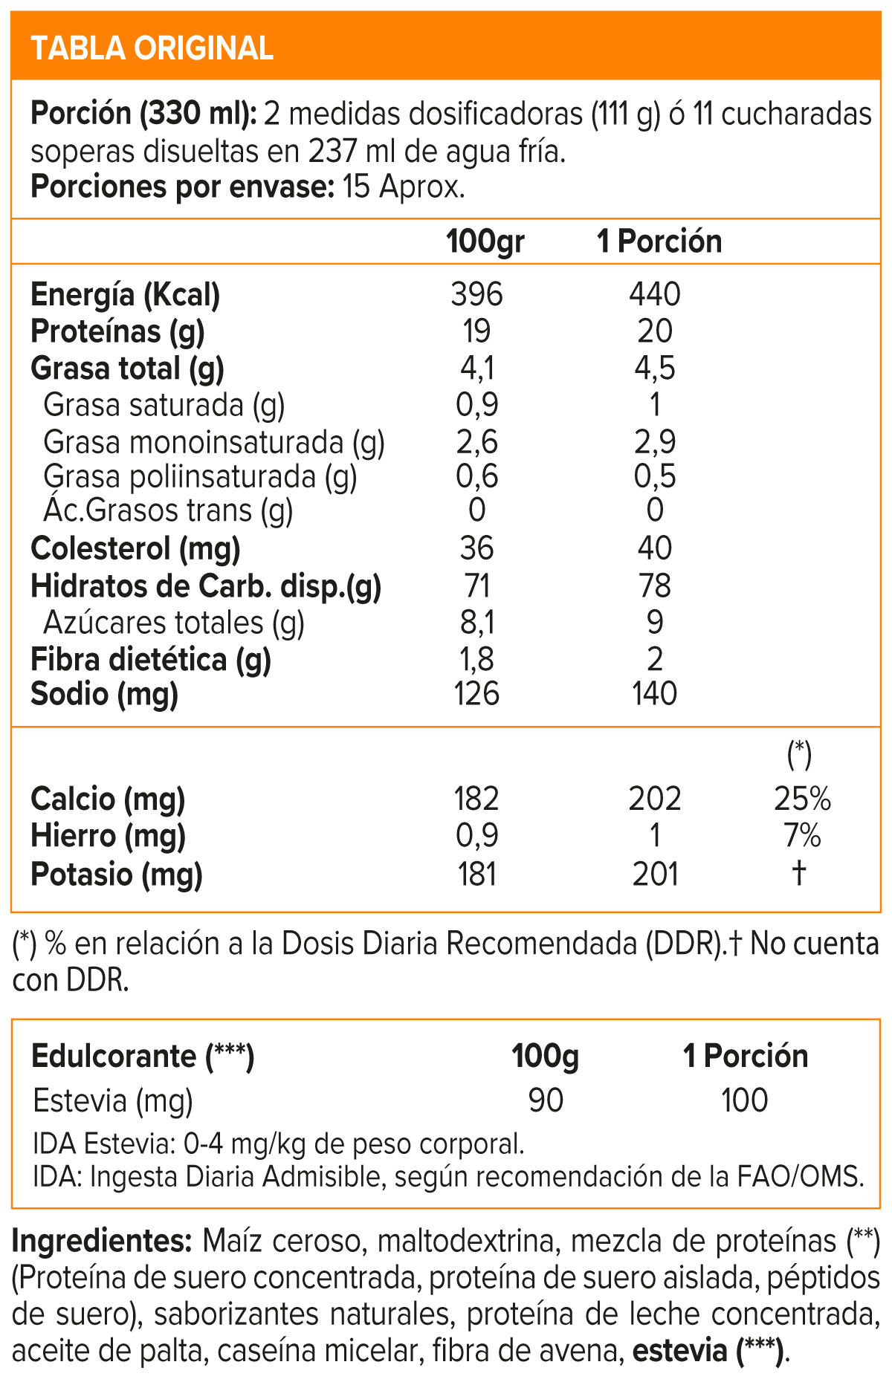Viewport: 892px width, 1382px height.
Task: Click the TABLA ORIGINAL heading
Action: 152,48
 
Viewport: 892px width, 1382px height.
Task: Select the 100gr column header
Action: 485,242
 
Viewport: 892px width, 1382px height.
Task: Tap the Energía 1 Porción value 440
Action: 654,295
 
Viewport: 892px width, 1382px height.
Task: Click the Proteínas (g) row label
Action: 117,331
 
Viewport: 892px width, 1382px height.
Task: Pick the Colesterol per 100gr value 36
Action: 476,548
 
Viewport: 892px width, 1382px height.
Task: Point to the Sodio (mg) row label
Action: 104,694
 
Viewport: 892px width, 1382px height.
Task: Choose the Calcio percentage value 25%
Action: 802,799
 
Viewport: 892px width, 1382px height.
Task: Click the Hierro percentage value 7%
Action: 802,836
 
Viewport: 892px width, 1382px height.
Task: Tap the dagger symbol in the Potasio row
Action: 799,872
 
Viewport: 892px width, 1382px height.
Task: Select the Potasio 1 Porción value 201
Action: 655,874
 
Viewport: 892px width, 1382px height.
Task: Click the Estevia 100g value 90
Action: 546,1100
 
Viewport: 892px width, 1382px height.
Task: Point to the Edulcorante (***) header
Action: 143,1056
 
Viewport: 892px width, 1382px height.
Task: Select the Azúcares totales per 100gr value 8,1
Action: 476,623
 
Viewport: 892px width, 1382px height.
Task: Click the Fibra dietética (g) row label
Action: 150,660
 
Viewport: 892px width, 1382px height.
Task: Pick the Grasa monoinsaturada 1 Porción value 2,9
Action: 655,442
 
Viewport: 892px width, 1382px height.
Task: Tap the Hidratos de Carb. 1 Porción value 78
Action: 654,586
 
